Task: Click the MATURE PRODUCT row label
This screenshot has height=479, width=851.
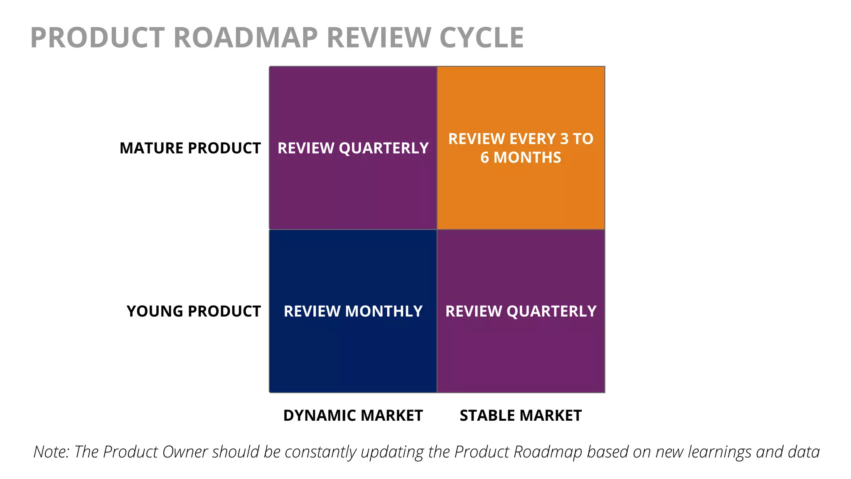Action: (x=190, y=148)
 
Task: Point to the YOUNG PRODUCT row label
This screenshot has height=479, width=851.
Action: (x=194, y=311)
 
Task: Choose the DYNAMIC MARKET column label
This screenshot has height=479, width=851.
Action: (x=353, y=415)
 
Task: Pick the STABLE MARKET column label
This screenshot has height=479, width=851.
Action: (x=521, y=415)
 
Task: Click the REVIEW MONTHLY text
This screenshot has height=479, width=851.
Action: (x=353, y=311)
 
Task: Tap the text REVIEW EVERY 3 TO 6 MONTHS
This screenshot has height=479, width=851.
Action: (x=521, y=148)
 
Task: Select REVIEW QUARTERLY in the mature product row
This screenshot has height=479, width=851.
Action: (x=353, y=148)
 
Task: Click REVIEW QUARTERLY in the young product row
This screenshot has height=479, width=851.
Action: (x=521, y=311)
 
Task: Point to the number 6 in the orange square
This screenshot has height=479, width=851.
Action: (x=485, y=158)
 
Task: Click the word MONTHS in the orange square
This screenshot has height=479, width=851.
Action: (x=527, y=158)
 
